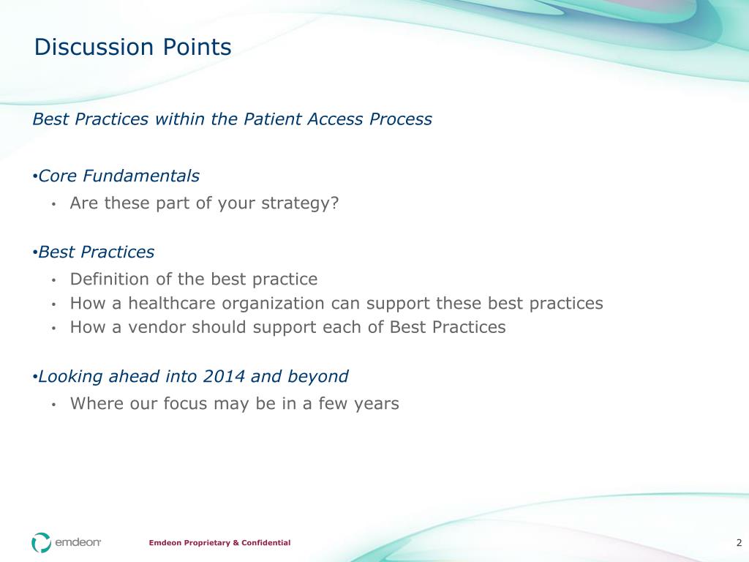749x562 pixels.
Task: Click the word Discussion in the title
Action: (x=94, y=47)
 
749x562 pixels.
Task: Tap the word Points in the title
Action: (x=197, y=47)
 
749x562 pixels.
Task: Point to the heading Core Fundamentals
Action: (x=118, y=176)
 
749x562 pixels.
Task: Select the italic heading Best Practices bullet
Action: (x=96, y=252)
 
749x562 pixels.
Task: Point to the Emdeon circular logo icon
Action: (x=41, y=542)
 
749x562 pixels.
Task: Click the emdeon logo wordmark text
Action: (x=78, y=542)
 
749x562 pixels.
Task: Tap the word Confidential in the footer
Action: (x=266, y=542)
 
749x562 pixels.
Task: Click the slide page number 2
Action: (x=739, y=542)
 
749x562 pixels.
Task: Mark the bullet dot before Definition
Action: (x=54, y=280)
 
